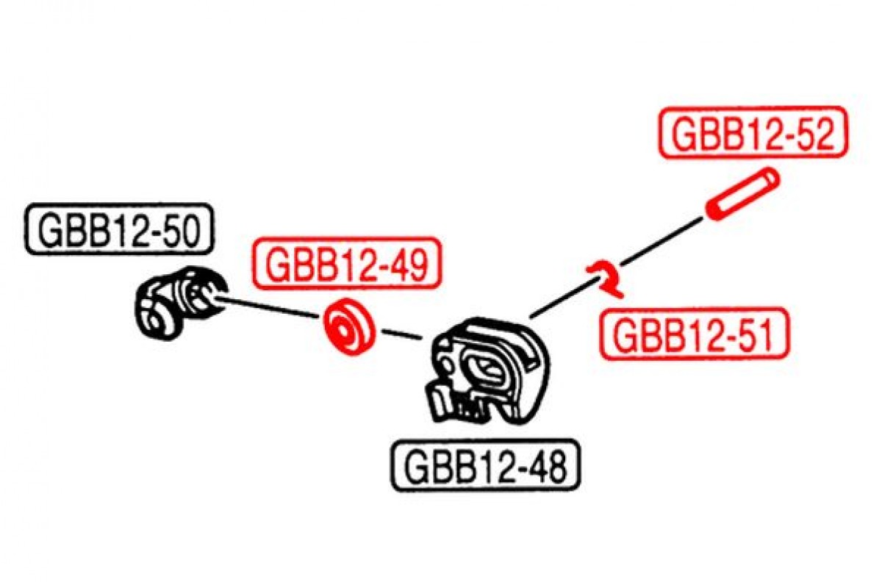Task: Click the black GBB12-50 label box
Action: pos(120,229)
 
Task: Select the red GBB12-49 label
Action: pos(346,262)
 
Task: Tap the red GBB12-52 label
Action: pos(753,133)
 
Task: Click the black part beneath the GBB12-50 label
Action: pos(180,303)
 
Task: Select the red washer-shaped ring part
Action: pos(348,326)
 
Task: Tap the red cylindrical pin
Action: pos(742,194)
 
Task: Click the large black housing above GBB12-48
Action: pos(488,372)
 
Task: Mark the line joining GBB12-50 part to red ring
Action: pos(268,309)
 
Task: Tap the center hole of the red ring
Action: pos(341,332)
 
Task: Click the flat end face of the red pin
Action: pos(714,211)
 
